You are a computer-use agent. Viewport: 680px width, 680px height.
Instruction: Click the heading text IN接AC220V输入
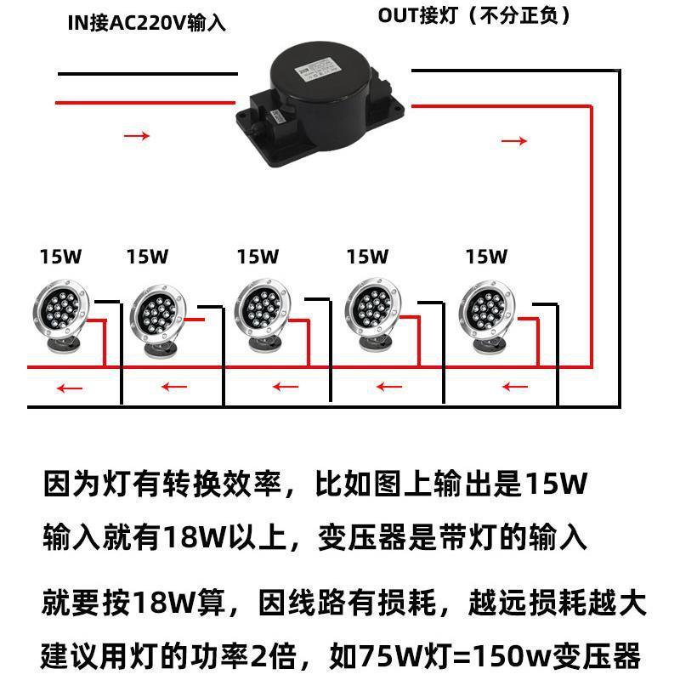pos(147,22)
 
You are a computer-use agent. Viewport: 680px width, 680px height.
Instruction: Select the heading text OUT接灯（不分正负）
pos(473,15)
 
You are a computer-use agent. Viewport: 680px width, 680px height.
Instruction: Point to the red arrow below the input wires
pos(137,135)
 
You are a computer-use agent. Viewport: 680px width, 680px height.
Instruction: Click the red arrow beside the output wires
pos(514,140)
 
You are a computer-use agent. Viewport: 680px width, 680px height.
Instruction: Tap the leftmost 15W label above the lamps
pos(60,256)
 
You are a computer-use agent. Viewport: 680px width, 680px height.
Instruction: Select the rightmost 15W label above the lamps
pos(486,256)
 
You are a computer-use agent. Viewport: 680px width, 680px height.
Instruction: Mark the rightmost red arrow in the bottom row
pos(515,388)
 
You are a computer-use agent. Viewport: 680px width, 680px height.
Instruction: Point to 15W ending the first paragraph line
pos(557,485)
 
